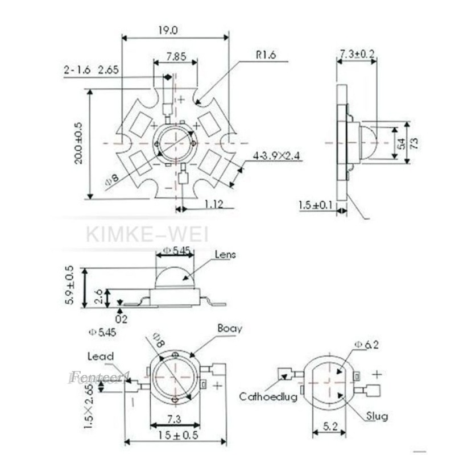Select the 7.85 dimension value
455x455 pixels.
coord(176,56)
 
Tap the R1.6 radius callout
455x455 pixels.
coord(266,55)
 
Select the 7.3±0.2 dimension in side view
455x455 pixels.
coord(357,54)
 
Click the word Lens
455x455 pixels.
coord(225,255)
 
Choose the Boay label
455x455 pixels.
coord(229,328)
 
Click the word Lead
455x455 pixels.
coord(100,357)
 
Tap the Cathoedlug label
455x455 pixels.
coord(268,397)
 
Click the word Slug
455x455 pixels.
coord(377,416)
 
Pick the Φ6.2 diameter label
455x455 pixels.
coord(366,344)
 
